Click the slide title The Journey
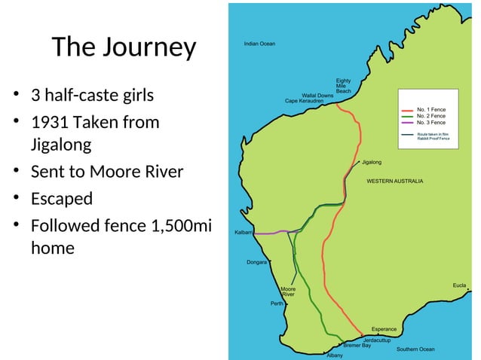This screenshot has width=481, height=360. click(124, 48)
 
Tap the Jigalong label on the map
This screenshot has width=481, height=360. click(372, 162)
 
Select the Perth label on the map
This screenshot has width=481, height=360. click(276, 304)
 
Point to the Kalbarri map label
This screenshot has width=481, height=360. click(244, 233)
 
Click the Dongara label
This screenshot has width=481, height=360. click(257, 262)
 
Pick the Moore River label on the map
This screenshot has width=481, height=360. click(288, 291)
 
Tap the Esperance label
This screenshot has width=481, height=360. click(384, 329)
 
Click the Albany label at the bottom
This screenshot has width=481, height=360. click(335, 355)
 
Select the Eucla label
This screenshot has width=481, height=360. click(459, 285)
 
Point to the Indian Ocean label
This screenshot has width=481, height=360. click(259, 44)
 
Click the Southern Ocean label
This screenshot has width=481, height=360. click(415, 349)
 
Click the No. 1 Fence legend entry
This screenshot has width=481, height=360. click(431, 109)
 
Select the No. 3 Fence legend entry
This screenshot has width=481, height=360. click(431, 122)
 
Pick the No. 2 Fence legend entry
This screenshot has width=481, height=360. click(431, 115)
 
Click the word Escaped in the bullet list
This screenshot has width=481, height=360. click(62, 200)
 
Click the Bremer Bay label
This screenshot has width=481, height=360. click(357, 346)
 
